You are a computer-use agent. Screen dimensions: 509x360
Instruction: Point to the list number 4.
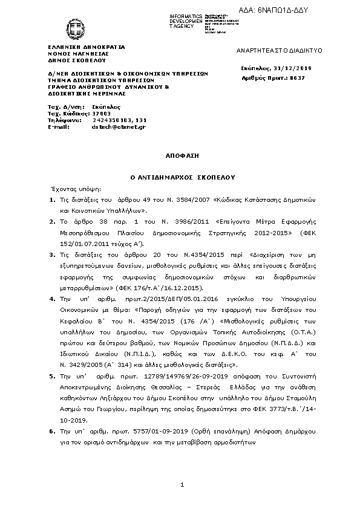53,298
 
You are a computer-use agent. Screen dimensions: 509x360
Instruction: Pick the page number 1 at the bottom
182,485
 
